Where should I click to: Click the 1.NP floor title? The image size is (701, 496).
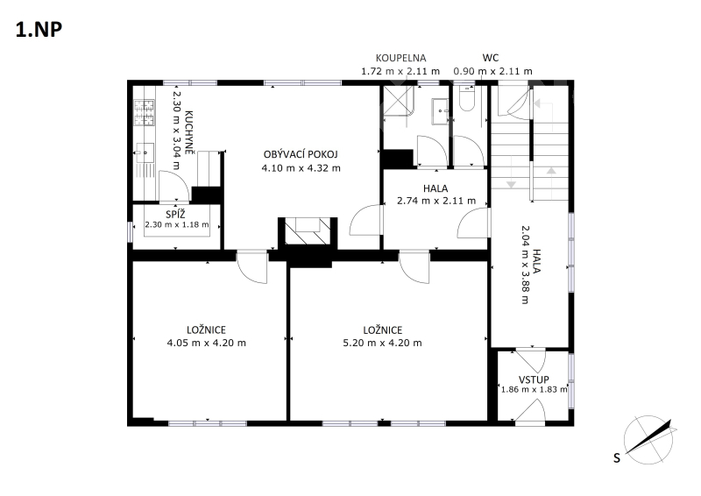[39, 30]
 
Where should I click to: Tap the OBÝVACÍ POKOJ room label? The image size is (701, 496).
[301, 154]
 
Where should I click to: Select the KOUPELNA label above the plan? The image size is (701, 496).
[400, 58]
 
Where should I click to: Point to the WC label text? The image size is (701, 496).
[491, 58]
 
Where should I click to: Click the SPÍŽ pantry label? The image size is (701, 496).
[175, 214]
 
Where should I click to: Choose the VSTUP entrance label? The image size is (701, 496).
[534, 379]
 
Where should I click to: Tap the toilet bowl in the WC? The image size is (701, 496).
[467, 99]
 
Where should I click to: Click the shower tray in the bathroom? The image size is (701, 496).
[399, 101]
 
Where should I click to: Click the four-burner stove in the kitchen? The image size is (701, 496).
[144, 113]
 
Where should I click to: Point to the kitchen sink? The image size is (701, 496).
[145, 152]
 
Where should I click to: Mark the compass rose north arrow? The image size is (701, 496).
[650, 436]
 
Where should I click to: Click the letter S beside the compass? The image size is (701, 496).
[617, 458]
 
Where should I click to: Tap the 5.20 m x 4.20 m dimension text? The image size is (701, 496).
[382, 343]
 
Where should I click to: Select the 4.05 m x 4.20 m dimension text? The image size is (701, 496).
[206, 343]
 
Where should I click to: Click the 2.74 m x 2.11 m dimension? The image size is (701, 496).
[436, 201]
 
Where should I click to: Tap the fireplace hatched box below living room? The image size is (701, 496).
[308, 231]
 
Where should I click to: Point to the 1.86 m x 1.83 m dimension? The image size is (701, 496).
[534, 390]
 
